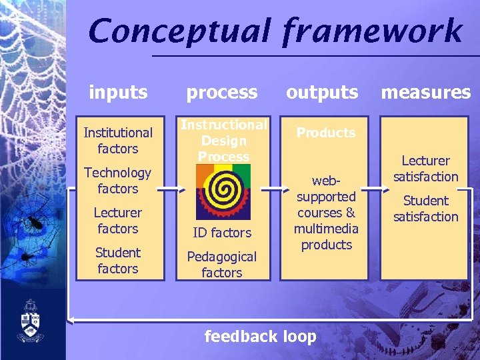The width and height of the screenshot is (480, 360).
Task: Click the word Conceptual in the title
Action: click(179, 32)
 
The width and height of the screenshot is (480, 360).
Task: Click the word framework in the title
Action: click(371, 32)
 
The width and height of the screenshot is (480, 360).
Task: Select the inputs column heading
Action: click(118, 92)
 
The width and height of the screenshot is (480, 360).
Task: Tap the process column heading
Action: click(222, 93)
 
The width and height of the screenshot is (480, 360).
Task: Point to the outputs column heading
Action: click(322, 92)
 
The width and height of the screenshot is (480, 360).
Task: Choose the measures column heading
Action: click(425, 92)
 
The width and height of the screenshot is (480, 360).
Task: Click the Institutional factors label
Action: click(118, 141)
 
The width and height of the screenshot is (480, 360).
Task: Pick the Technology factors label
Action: click(118, 181)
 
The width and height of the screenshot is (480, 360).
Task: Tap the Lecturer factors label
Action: click(118, 221)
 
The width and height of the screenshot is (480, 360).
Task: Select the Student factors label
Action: click(118, 261)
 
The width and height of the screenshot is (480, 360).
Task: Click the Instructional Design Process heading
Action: click(224, 141)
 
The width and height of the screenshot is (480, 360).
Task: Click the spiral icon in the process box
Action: click(223, 191)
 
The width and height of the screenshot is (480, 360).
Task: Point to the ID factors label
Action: click(222, 233)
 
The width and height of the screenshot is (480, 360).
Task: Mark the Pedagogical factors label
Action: click(222, 265)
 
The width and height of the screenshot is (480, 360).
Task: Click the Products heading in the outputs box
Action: click(326, 133)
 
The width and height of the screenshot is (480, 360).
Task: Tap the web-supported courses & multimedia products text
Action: click(326, 213)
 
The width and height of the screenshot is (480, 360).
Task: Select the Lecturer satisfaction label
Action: click(425, 169)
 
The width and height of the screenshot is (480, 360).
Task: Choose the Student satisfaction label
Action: click(425, 209)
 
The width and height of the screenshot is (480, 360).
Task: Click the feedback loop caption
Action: click(260, 337)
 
